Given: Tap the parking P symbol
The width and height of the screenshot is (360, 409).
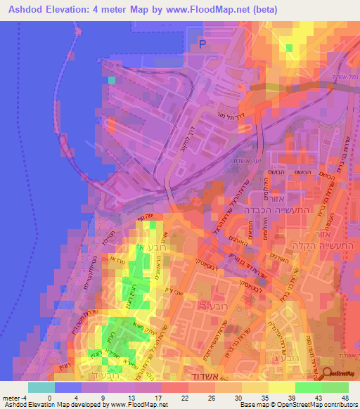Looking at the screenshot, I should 202,44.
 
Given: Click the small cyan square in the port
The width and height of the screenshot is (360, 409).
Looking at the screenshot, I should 111,80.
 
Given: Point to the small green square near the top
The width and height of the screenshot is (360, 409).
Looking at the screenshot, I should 289,48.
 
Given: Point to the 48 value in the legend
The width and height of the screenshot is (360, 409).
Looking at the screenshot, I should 345,397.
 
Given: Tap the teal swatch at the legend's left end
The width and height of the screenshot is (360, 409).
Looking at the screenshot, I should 41,387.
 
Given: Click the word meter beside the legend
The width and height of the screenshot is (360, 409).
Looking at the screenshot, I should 10,397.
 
